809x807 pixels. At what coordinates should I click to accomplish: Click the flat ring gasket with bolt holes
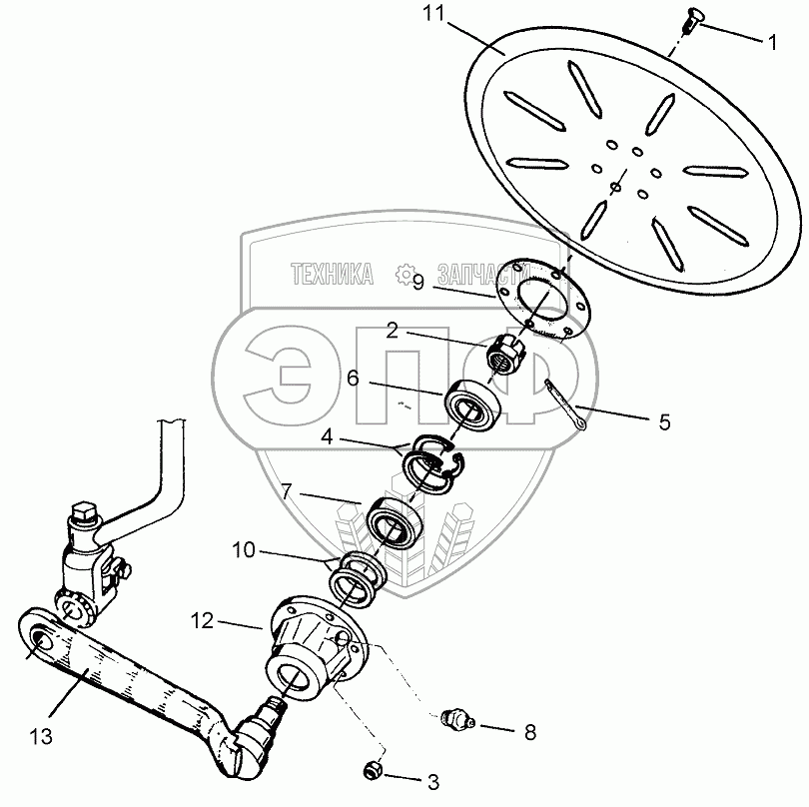click(544, 299)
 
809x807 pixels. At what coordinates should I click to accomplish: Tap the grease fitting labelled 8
click(455, 718)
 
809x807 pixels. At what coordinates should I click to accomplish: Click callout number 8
click(529, 732)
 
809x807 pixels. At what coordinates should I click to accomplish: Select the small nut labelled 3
click(373, 770)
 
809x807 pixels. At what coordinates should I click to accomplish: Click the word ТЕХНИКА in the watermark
click(333, 272)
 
